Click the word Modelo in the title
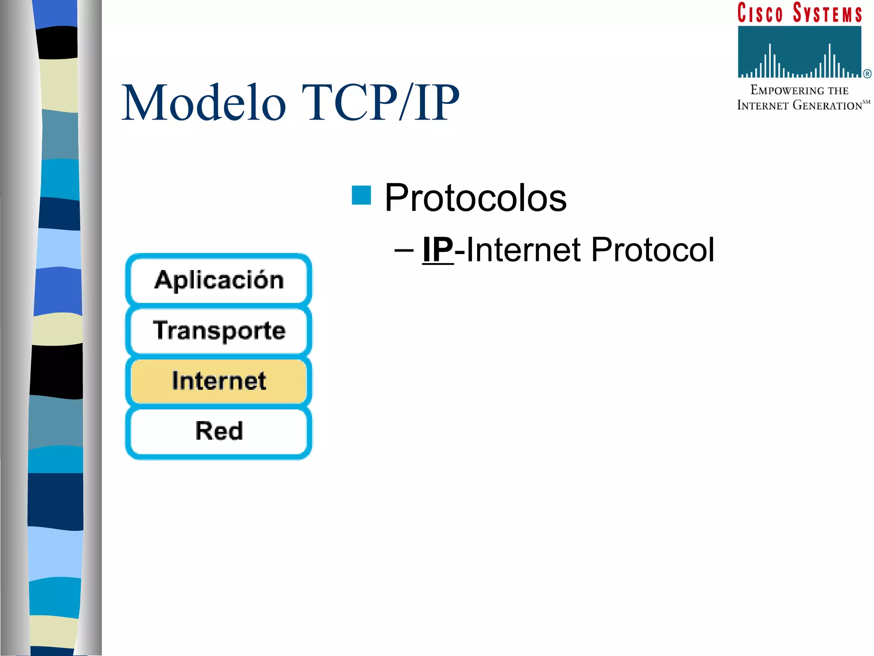pos(204,103)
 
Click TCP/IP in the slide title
pos(380,103)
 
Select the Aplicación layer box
pos(219,281)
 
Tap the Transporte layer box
pos(219,331)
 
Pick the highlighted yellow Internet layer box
pos(219,381)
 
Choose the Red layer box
pos(219,430)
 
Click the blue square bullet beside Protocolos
pos(361,196)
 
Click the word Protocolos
pos(475,198)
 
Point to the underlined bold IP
pos(438,250)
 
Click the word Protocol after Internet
pos(653,250)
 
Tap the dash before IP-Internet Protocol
pos(404,250)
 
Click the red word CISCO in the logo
pos(760,13)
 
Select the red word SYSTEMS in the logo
pos(827,13)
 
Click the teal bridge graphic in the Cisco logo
pos(799,52)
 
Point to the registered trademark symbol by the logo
pos(867,74)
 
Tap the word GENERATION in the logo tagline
pos(827,105)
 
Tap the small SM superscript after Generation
pos(866,102)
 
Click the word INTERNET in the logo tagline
pos(763,105)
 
